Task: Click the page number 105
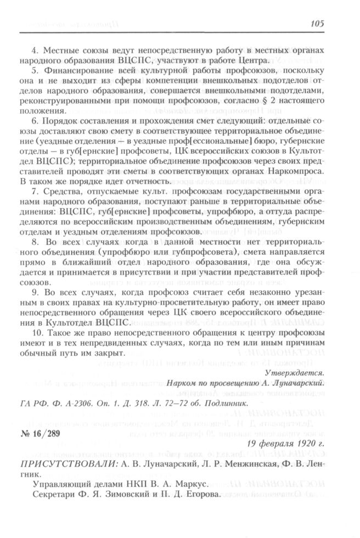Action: point(317,23)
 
